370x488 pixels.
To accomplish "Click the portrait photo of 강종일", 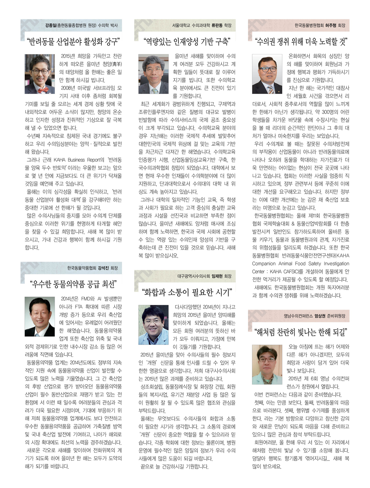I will (x=40, y=74).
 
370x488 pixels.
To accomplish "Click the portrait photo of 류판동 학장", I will (x=153, y=74).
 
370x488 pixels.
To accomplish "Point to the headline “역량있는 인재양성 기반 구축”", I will (x=186, y=41).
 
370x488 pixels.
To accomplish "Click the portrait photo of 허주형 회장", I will (x=267, y=74).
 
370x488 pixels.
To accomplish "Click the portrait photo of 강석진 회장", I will (x=40, y=316).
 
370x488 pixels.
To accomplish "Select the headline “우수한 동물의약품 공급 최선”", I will (x=73, y=284).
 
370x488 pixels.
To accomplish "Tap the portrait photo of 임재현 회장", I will (x=153, y=325).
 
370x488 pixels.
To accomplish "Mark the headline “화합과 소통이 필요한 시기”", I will (x=187, y=292).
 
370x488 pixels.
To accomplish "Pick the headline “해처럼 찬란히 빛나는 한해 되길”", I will (x=301, y=332).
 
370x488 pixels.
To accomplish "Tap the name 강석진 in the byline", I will (x=103, y=268).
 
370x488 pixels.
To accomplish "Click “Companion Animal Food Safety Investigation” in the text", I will (x=300, y=263).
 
